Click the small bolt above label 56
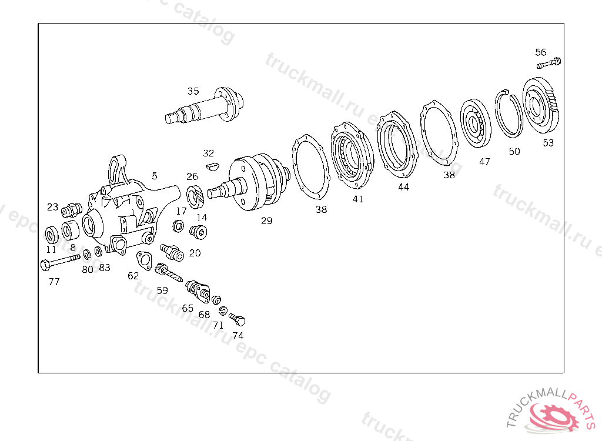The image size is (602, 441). pos(549,62)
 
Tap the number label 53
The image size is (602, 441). pos(548,143)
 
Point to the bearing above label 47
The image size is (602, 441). pos(476,123)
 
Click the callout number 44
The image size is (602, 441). pos(403,187)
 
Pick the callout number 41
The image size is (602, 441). pos(358,199)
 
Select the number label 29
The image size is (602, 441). pos(267,221)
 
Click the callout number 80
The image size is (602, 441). pos(88,270)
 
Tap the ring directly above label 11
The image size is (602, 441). pos(52,235)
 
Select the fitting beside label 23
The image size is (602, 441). pos(72,209)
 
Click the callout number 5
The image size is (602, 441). pos(155,175)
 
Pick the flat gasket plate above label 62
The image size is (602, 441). pos(143,259)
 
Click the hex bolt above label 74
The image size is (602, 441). pos(237,319)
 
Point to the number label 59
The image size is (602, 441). pos(162,290)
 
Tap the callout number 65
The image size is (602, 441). pos(188,308)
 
